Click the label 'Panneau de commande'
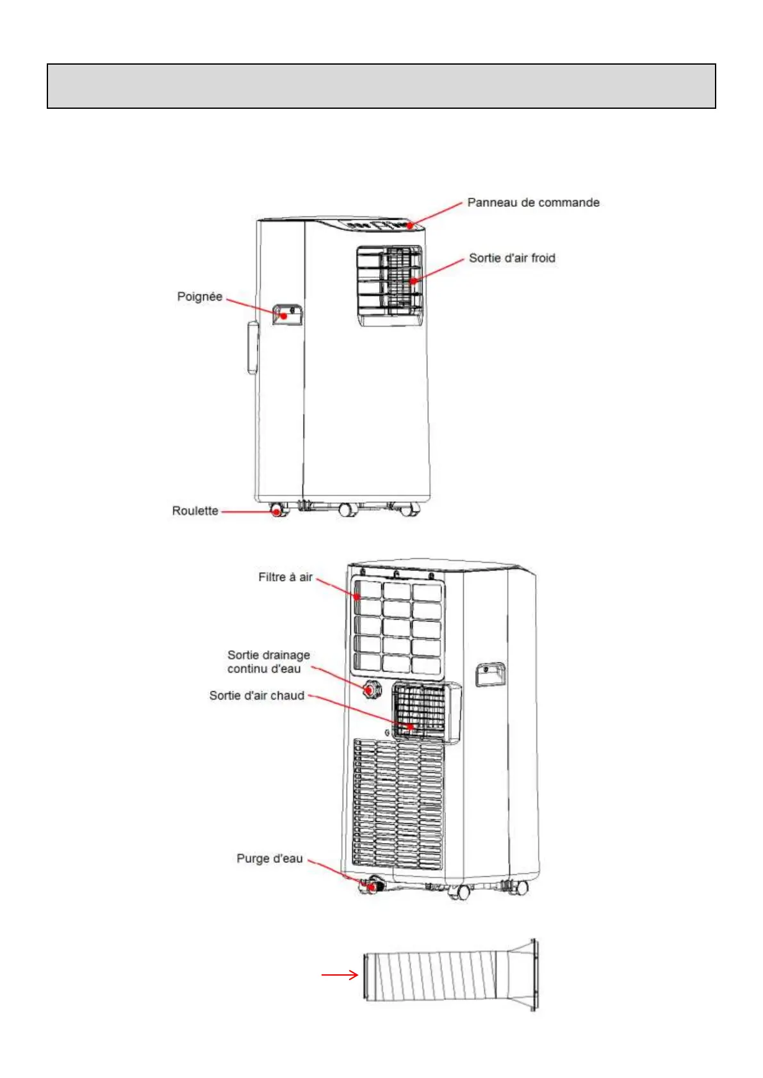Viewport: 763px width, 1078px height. point(533,202)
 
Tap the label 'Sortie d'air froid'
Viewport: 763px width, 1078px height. point(512,258)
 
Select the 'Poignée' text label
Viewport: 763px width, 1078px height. point(199,296)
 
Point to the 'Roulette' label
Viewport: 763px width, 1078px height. point(195,511)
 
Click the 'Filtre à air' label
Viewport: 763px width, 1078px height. point(285,577)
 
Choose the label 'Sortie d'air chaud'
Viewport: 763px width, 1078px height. point(256,695)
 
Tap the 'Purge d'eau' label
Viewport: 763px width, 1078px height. point(269,858)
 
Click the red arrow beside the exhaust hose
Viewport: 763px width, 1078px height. point(340,975)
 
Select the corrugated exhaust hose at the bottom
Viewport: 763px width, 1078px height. point(436,975)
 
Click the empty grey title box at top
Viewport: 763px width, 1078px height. point(381,86)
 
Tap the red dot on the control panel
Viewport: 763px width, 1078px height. point(410,225)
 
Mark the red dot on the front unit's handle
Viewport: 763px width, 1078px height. point(284,316)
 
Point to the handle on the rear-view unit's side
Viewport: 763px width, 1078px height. point(490,675)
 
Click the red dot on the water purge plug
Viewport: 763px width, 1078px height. point(371,887)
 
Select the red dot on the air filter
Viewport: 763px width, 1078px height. point(357,597)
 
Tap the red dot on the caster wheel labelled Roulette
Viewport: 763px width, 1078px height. point(277,511)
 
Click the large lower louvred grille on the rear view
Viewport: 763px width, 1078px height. point(397,803)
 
